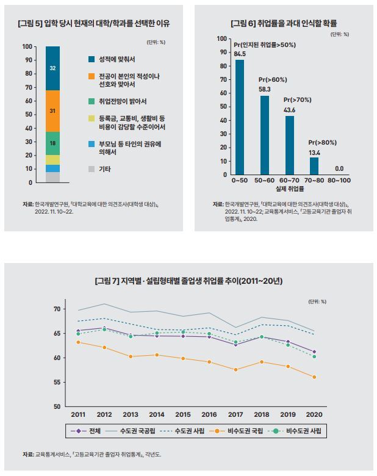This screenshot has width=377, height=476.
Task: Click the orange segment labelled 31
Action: click(52, 111)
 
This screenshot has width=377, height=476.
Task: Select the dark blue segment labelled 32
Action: click(52, 68)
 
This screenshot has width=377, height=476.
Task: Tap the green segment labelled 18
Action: click(52, 143)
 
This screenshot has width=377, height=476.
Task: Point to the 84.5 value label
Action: click(239, 53)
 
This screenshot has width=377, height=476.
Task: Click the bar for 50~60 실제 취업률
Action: click(265, 134)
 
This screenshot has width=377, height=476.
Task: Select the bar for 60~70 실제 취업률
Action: click(290, 144)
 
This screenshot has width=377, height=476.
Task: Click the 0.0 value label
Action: click(339, 168)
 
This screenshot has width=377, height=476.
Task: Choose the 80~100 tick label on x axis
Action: click(339, 181)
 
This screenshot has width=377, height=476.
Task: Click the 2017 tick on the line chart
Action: click(236, 414)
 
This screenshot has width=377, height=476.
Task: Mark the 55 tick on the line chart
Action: click(57, 382)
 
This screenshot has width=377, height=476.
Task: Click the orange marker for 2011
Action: click(78, 342)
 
